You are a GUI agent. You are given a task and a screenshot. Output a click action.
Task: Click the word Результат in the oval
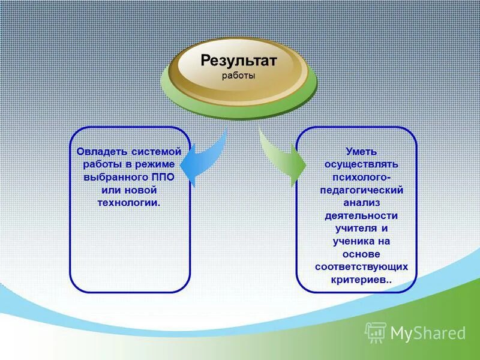238,61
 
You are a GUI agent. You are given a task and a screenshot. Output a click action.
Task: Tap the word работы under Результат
238,76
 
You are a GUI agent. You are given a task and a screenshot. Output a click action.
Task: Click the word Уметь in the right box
361,151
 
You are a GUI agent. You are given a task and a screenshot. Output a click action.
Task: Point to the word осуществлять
361,164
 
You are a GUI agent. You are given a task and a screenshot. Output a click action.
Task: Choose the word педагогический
361,190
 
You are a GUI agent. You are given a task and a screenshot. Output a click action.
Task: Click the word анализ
361,202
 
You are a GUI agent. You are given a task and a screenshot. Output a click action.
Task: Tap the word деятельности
361,215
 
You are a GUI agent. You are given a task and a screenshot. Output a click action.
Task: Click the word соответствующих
361,266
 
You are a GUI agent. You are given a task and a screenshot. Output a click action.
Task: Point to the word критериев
359,280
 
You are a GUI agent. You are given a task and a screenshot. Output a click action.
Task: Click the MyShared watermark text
428,333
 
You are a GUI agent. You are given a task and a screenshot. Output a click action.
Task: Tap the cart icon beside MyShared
376,332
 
